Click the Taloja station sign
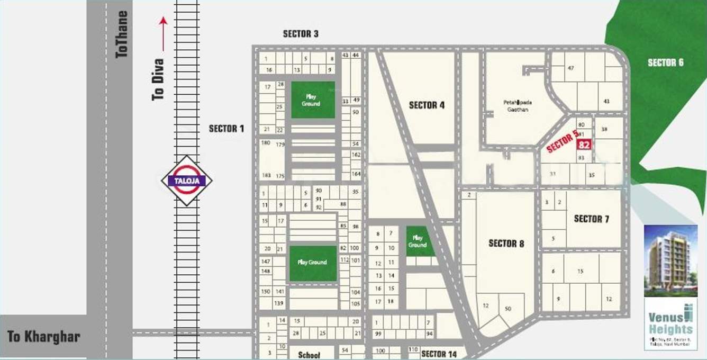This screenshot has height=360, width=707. (x=186, y=181)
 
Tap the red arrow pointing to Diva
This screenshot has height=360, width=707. (x=164, y=33)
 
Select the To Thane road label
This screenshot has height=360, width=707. (x=122, y=34)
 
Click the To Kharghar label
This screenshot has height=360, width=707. (x=43, y=337)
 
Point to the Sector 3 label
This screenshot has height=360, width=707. (x=301, y=34)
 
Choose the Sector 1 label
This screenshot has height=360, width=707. (x=226, y=129)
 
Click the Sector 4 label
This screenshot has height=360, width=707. (x=427, y=105)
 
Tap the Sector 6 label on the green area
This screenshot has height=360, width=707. (x=665, y=63)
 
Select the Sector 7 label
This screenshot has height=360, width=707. (x=591, y=219)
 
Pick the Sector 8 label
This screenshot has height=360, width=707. (x=506, y=244)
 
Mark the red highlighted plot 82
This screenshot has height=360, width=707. (x=584, y=145)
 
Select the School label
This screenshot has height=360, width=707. (x=309, y=355)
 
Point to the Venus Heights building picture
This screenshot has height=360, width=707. (x=670, y=260)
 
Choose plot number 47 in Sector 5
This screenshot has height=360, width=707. (x=570, y=68)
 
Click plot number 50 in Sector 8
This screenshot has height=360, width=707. (x=508, y=309)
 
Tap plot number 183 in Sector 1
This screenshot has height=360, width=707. (x=266, y=175)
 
